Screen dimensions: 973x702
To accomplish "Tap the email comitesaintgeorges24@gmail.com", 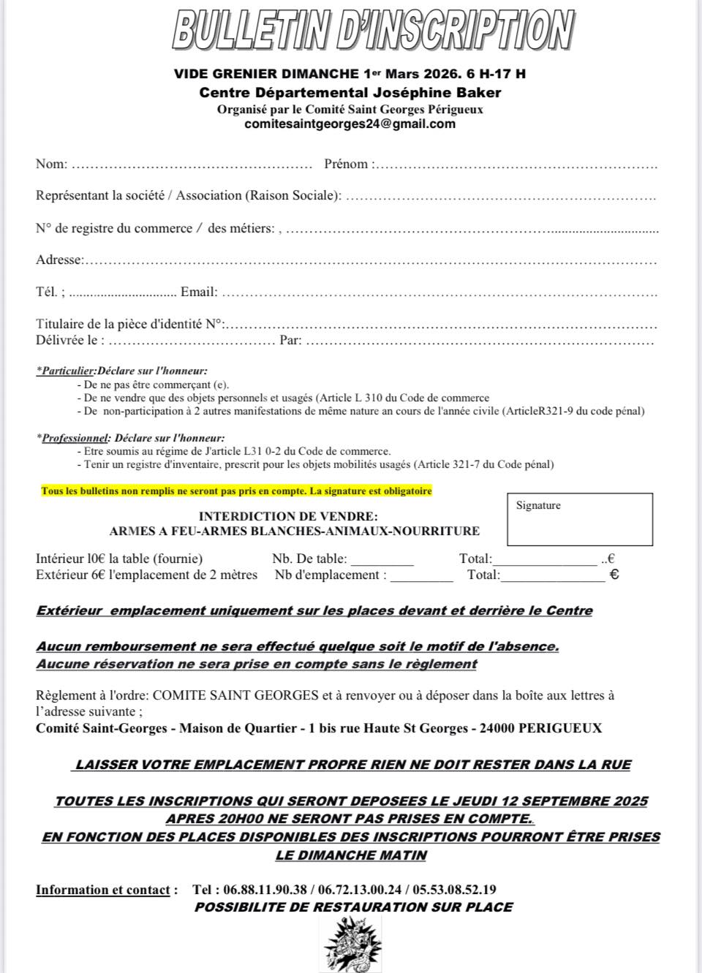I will click(350, 124).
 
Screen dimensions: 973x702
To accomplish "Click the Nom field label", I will click(50, 164).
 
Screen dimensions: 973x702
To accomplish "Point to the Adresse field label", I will click(59, 260).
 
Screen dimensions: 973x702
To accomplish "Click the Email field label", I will click(198, 292).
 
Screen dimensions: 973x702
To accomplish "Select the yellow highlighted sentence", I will click(236, 491).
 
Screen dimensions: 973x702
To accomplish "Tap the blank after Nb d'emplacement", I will click(422, 577).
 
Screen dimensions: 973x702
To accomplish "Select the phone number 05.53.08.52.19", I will click(454, 890).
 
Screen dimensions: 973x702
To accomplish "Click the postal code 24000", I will click(499, 728).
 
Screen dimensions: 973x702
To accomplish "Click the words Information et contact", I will click(102, 890).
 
